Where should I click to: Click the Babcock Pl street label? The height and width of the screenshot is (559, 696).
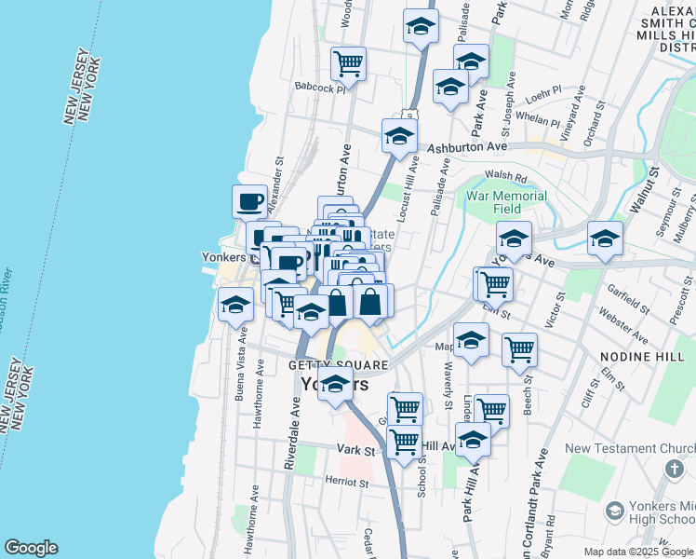tap(319, 89)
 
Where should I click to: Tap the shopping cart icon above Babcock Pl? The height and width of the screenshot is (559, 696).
tap(348, 63)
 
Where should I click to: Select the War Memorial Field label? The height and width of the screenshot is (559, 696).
tap(507, 202)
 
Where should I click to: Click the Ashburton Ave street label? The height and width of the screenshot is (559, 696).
tap(466, 147)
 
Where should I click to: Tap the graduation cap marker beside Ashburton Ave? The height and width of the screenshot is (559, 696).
tap(399, 136)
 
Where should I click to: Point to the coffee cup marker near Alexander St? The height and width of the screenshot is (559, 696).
tap(250, 200)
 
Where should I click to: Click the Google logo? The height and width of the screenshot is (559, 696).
tap(31, 548)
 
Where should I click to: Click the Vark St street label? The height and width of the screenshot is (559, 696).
tap(355, 450)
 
